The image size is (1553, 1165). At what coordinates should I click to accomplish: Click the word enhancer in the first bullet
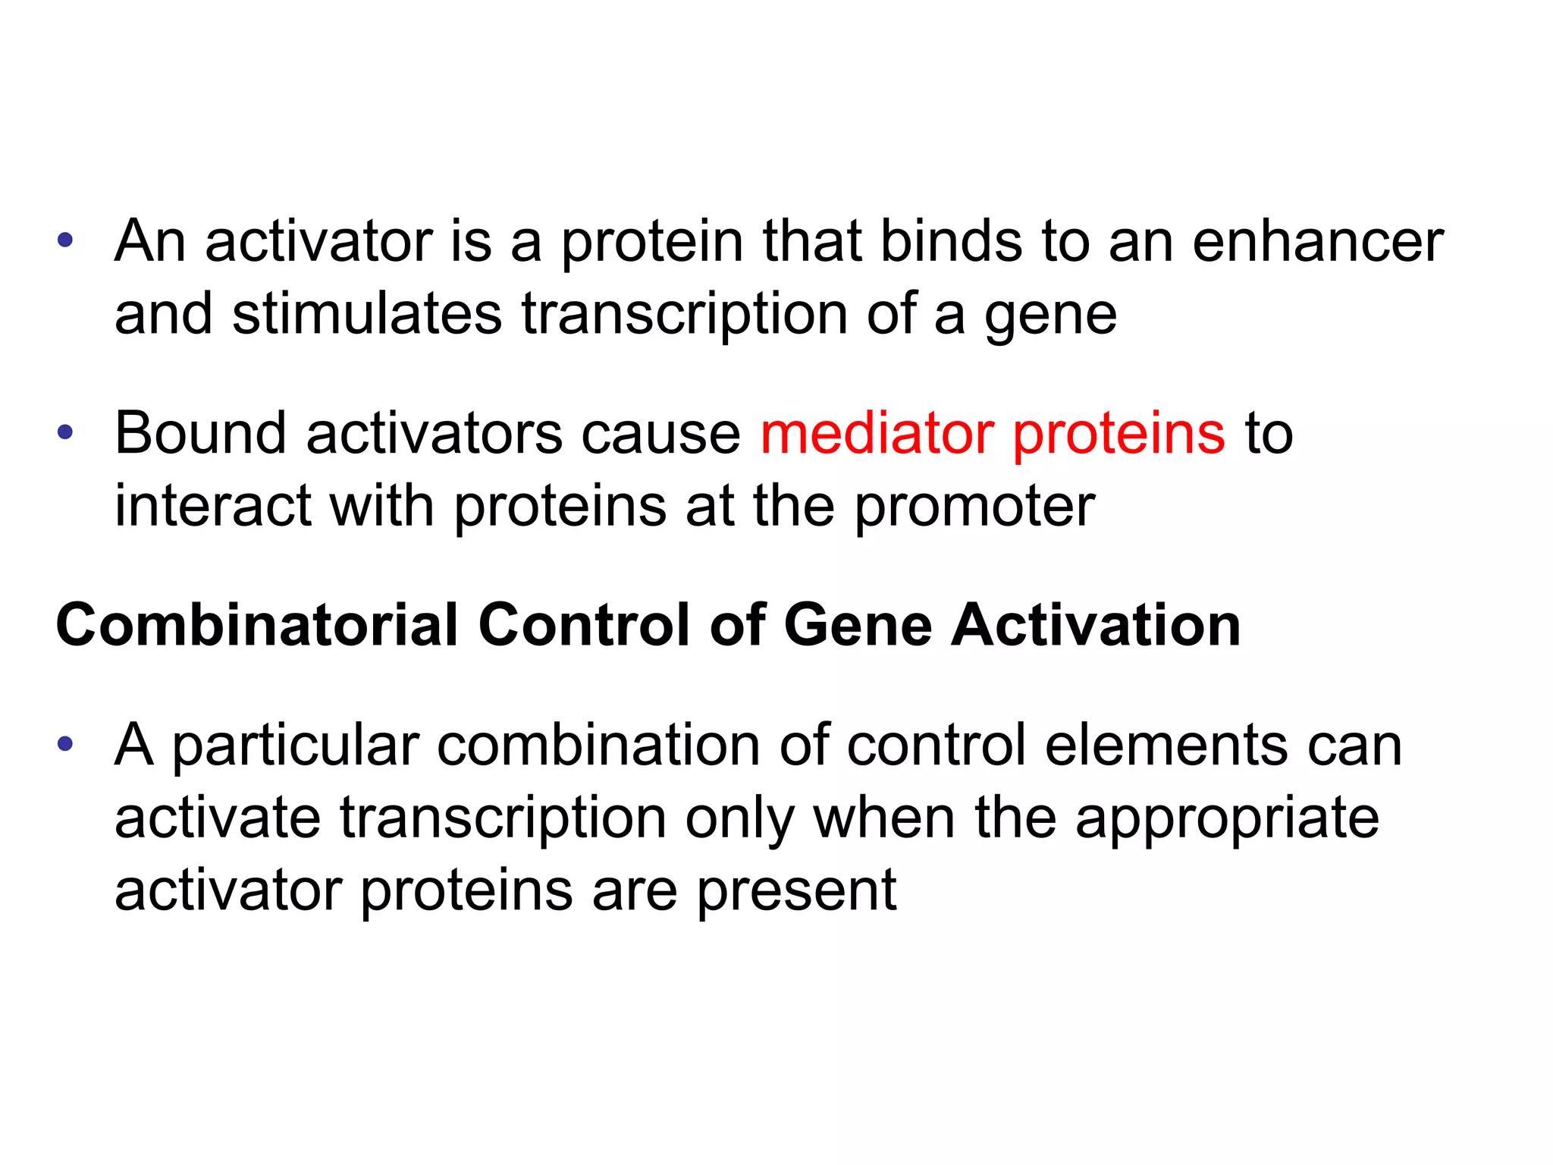[1317, 243]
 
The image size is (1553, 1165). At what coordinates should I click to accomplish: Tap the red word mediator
[877, 434]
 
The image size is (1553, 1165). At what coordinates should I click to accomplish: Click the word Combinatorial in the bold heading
[257, 626]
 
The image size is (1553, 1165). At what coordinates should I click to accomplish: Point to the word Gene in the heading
[858, 626]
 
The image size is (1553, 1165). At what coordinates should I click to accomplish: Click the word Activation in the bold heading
[1096, 626]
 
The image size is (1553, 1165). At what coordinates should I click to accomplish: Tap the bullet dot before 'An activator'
[65, 241]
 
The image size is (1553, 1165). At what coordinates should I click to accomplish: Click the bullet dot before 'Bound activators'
[65, 433]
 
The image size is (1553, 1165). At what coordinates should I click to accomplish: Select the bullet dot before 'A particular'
[65, 744]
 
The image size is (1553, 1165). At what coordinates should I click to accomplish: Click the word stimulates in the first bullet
[367, 314]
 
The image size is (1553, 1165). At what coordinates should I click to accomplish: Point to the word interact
[212, 506]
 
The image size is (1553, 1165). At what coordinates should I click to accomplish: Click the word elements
[1166, 745]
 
